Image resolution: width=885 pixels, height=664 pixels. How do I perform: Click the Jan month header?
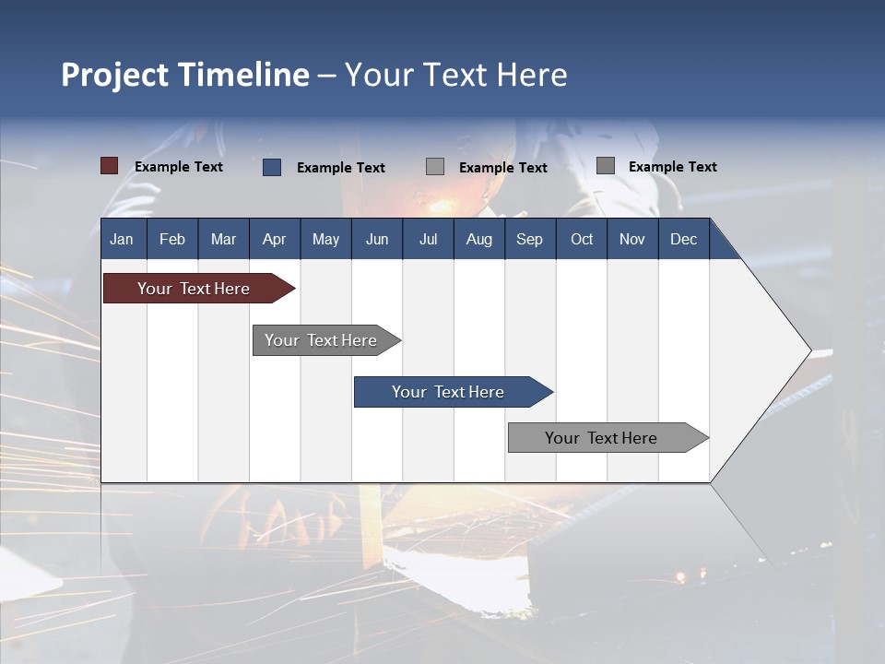pyautogui.click(x=122, y=239)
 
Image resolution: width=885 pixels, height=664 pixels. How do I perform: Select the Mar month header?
pyautogui.click(x=223, y=239)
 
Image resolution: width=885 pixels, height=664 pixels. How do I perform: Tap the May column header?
pyautogui.click(x=325, y=239)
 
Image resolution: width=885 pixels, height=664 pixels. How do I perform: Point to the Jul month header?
pyautogui.click(x=428, y=239)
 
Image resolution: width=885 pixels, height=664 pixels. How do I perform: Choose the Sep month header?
pyautogui.click(x=529, y=239)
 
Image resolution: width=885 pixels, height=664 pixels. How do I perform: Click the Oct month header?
pyautogui.click(x=582, y=239)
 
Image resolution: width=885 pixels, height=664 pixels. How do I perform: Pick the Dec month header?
pyautogui.click(x=683, y=239)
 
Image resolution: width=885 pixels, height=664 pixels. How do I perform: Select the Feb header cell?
pyautogui.click(x=172, y=239)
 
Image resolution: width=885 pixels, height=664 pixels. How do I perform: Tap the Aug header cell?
pyautogui.click(x=478, y=239)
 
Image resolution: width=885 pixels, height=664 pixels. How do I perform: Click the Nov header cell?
pyautogui.click(x=632, y=239)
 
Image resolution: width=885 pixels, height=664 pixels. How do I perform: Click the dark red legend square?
pyautogui.click(x=109, y=166)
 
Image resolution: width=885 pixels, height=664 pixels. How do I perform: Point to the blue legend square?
pyautogui.click(x=272, y=167)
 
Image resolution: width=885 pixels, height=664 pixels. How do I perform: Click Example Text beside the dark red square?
pyautogui.click(x=179, y=167)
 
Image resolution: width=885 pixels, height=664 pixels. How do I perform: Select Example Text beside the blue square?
pyautogui.click(x=341, y=168)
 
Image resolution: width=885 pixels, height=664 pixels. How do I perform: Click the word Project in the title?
pyautogui.click(x=115, y=75)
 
